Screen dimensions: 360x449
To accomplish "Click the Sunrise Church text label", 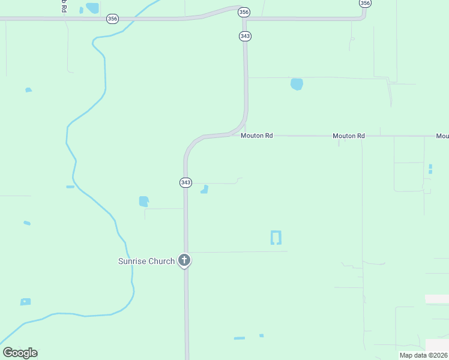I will (146, 261).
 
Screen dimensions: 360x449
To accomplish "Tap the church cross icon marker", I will (184, 261).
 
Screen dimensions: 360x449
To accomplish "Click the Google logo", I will (20, 353).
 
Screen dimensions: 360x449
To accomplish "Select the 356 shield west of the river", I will (112, 19).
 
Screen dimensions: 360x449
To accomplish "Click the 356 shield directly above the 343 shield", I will (244, 12).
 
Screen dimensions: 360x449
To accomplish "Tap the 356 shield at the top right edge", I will (364, 3).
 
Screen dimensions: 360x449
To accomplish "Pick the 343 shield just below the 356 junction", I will (244, 36).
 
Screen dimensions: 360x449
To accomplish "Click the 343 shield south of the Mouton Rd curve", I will (185, 182).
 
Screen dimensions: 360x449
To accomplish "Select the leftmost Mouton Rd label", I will (256, 136).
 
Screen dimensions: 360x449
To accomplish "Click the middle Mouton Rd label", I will (349, 136).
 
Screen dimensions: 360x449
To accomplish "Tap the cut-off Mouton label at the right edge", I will (442, 136).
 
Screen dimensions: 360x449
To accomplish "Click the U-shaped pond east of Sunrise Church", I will (276, 237).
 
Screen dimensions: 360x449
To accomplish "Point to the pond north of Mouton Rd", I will (297, 84).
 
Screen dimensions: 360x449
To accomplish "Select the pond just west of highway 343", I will (143, 202).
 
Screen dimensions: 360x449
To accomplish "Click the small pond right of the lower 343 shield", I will (205, 190).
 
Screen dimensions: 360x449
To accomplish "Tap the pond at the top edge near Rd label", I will (92, 8).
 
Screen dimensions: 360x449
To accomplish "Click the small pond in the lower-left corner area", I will (25, 302).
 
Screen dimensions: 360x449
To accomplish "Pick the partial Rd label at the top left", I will (62, 6).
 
